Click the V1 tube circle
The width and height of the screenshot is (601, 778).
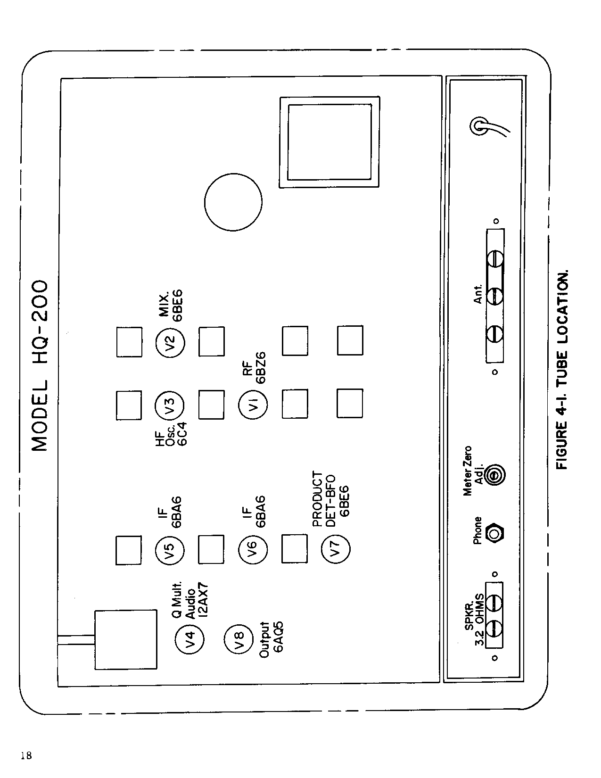[x=253, y=405]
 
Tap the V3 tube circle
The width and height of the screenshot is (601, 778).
[x=170, y=405]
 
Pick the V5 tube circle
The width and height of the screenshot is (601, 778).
[x=170, y=550]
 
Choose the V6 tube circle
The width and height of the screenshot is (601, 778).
[x=253, y=549]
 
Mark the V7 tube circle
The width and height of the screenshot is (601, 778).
[x=336, y=548]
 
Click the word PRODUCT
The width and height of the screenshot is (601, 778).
[x=318, y=499]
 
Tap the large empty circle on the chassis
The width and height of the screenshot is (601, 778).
[x=233, y=202]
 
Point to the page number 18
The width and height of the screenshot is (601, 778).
[x=26, y=756]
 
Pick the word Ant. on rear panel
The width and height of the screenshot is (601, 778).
[x=478, y=294]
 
